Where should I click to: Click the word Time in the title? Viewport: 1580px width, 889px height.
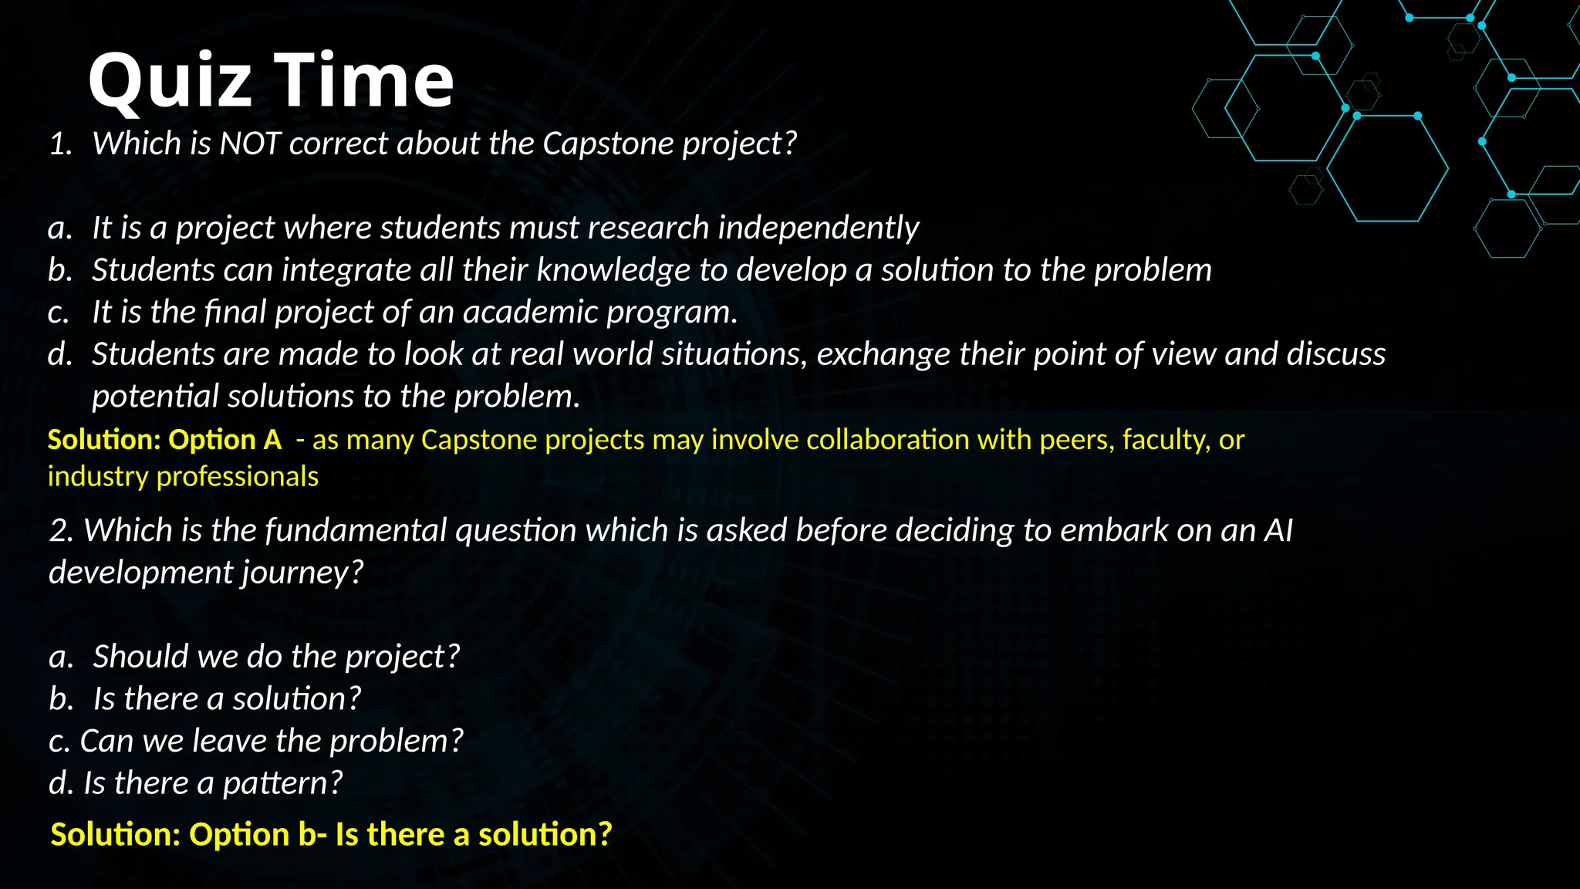click(364, 81)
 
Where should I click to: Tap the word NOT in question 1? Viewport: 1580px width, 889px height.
click(249, 144)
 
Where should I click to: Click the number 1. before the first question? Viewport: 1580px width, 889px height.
click(60, 144)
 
